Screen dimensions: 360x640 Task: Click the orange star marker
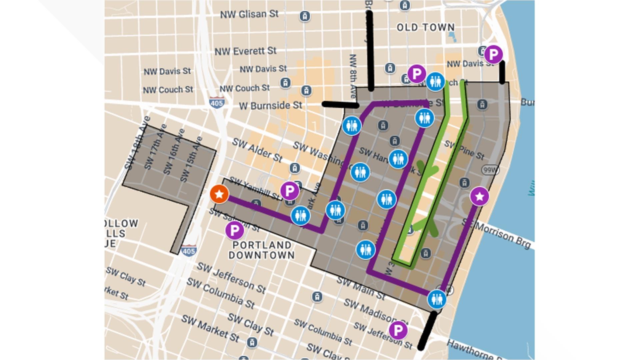(219, 194)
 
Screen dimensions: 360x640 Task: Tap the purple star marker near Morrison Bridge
(479, 196)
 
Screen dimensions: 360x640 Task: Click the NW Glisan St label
(249, 14)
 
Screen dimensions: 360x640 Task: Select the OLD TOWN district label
(426, 27)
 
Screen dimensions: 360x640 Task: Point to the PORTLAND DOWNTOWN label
(262, 250)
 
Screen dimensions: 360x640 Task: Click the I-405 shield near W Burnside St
(217, 103)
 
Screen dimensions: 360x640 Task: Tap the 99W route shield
(490, 170)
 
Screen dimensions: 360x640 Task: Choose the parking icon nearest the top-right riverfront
(493, 54)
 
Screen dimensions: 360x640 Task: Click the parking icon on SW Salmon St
(234, 230)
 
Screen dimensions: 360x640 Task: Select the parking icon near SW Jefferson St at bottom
(398, 330)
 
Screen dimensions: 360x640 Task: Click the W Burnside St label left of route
(270, 106)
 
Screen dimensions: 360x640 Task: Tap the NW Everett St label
(245, 51)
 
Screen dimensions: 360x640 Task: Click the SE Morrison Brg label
(496, 234)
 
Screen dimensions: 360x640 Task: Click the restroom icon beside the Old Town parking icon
(435, 82)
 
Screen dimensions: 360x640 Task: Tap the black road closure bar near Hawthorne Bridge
(427, 330)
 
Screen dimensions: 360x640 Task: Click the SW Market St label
(210, 328)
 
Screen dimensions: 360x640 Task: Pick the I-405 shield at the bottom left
(189, 251)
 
